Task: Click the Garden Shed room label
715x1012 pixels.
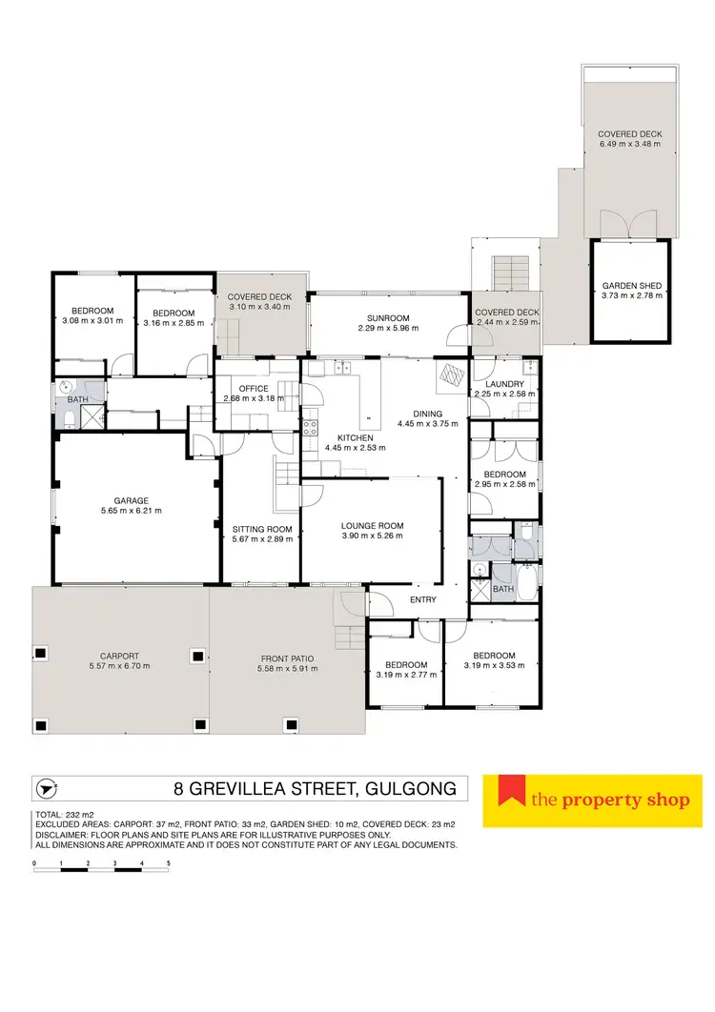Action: point(630,285)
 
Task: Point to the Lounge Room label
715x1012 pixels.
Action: point(373,525)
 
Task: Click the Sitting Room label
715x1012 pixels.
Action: point(262,529)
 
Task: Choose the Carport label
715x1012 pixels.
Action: point(120,656)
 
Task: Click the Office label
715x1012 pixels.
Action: point(254,388)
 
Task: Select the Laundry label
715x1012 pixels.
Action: point(506,383)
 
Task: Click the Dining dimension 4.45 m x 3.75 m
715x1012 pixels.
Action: point(427,424)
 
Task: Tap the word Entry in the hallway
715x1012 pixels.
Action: point(422,599)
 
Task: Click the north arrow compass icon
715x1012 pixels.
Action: point(45,789)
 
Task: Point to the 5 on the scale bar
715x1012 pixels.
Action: point(169,862)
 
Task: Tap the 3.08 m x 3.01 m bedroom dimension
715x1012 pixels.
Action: point(93,321)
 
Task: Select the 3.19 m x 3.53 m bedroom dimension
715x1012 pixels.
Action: point(494,666)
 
